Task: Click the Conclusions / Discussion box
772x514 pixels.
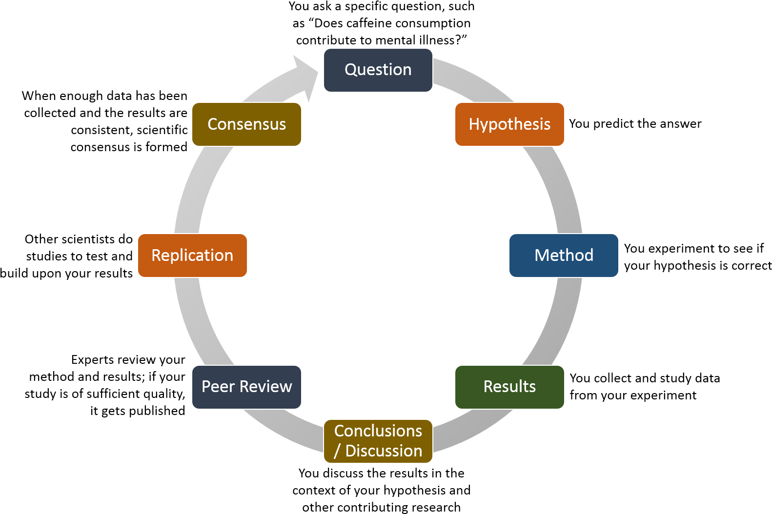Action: pyautogui.click(x=378, y=441)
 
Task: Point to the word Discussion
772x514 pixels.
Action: pyautogui.click(x=384, y=451)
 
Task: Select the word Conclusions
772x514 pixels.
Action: pyautogui.click(x=378, y=431)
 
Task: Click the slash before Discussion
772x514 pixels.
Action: pyautogui.click(x=337, y=451)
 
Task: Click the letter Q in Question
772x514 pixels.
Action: pyautogui.click(x=351, y=70)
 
